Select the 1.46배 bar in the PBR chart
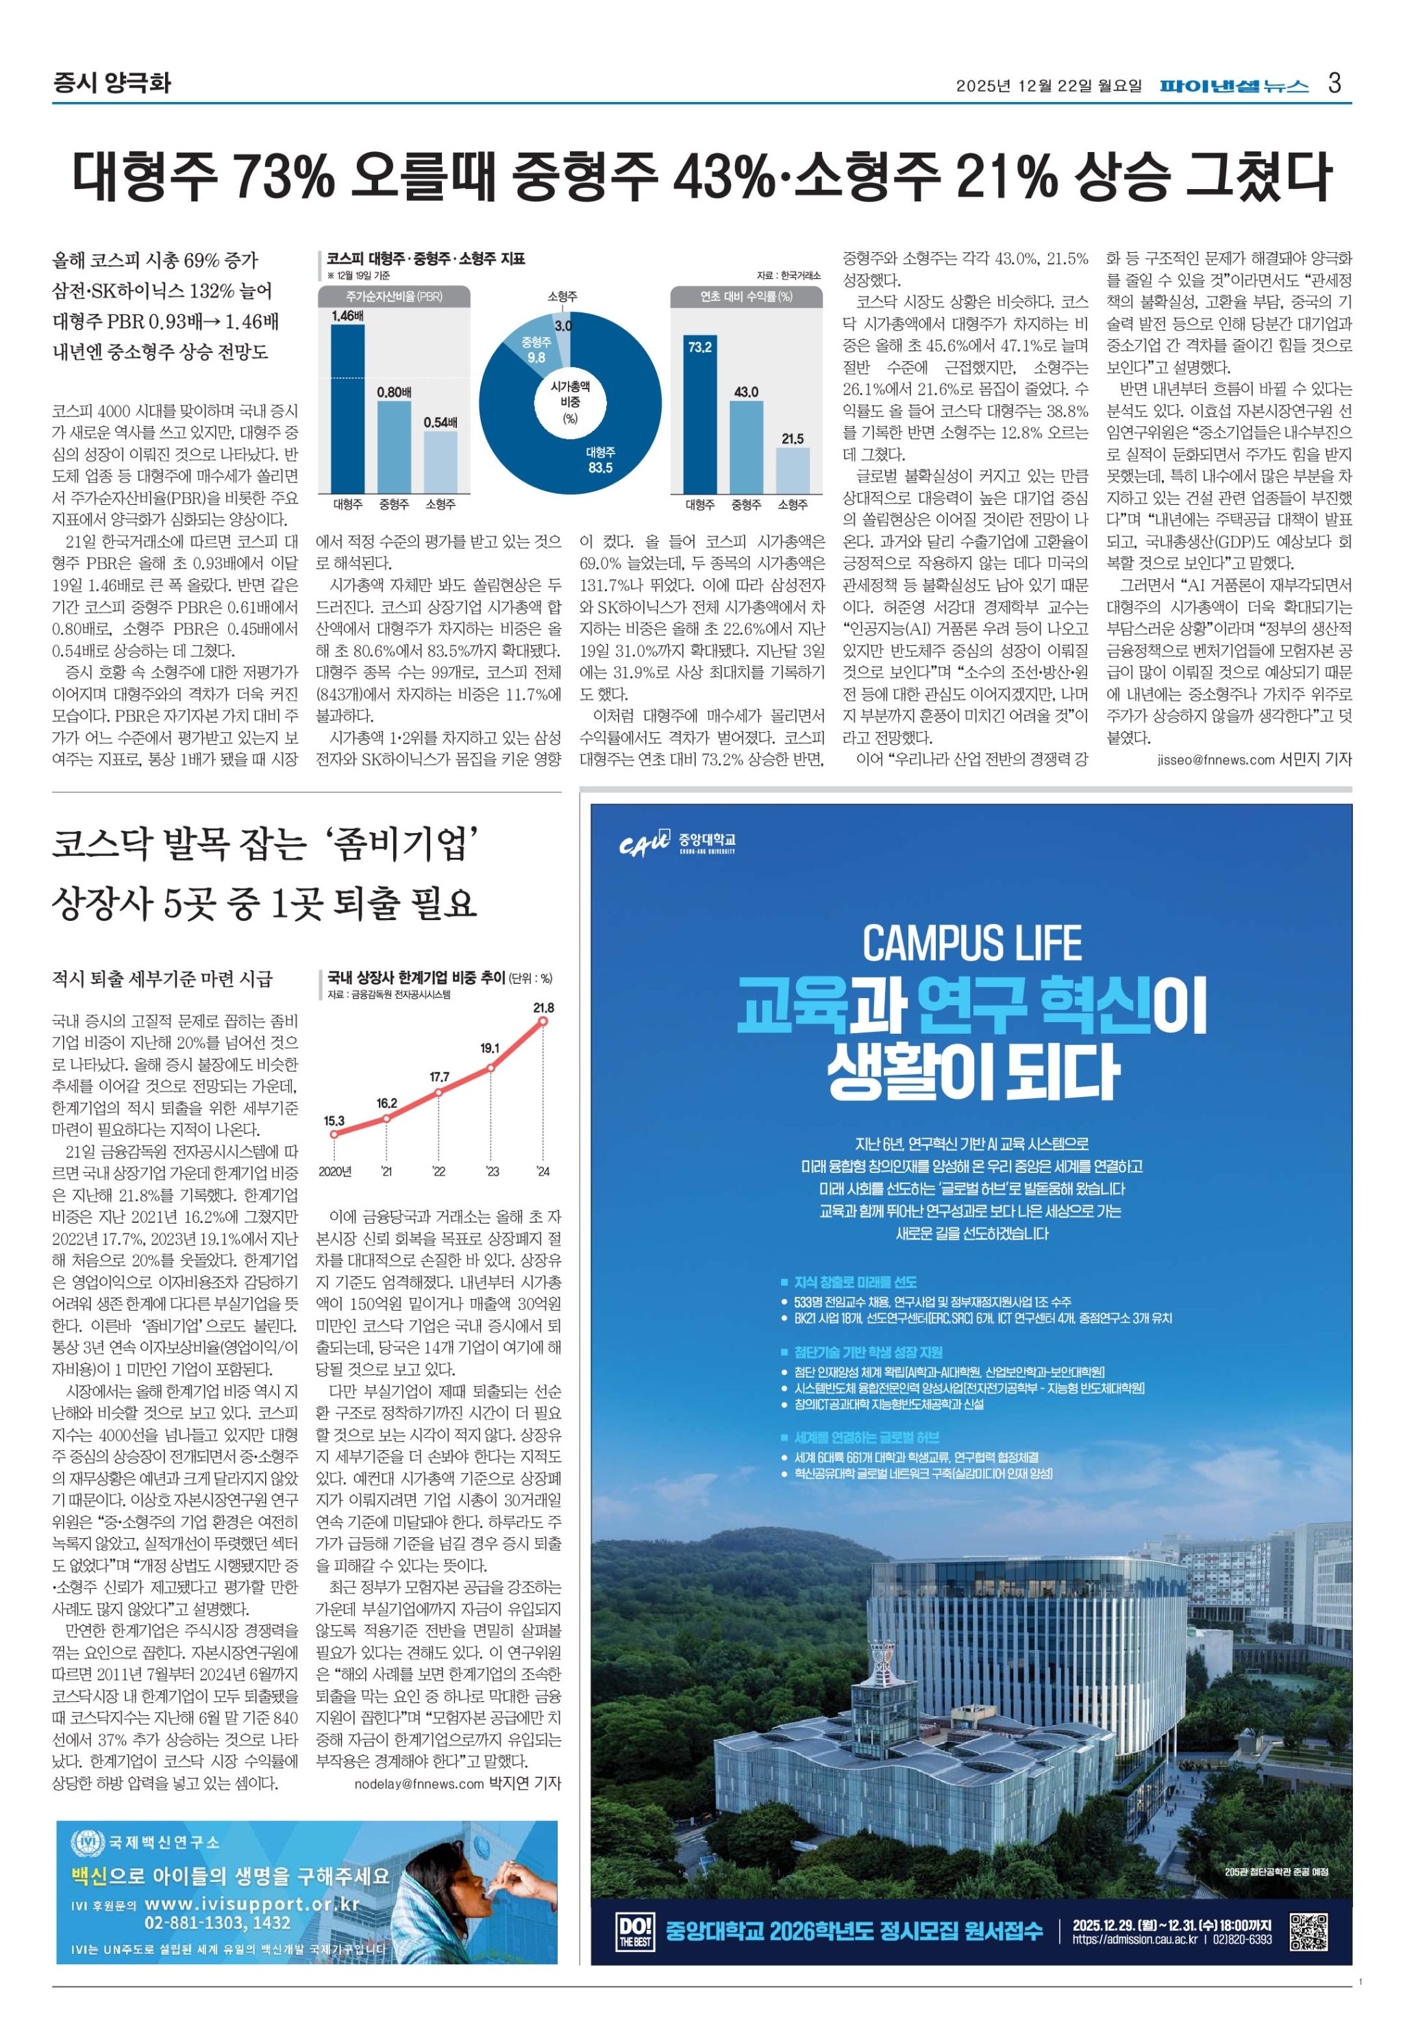[347, 409]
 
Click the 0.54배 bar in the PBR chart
[440, 462]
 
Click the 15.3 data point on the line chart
[334, 1134]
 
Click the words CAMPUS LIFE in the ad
[971, 944]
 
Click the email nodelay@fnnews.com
[419, 1783]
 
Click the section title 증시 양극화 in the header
[112, 84]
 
